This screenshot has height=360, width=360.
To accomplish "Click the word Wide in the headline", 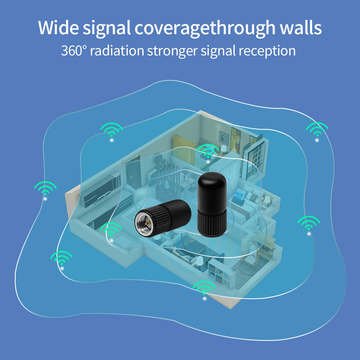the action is pyautogui.click(x=59, y=28).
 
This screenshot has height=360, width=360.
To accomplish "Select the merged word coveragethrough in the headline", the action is pyautogui.click(x=205, y=28).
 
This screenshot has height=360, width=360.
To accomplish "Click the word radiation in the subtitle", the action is pyautogui.click(x=117, y=50).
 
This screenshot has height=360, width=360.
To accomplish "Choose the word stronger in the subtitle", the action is pyautogui.click(x=172, y=51).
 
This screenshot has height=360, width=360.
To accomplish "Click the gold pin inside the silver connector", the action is pyautogui.click(x=148, y=222).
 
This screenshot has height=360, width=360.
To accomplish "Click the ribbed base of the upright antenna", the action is pyautogui.click(x=212, y=223).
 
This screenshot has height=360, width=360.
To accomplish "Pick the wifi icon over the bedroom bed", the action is pyautogui.click(x=208, y=152).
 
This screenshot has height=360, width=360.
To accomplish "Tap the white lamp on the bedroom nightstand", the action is pyautogui.click(x=224, y=149).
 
